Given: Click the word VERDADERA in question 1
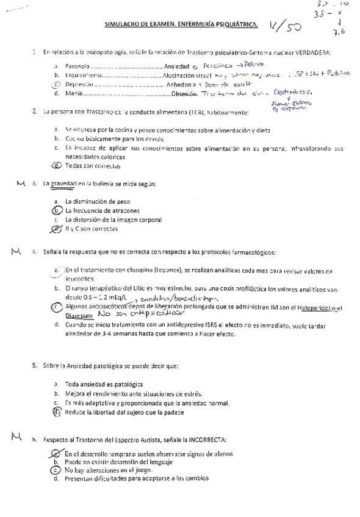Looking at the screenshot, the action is click(311, 54).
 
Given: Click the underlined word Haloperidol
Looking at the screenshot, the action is click(318, 307).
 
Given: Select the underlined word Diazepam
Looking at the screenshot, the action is click(79, 316).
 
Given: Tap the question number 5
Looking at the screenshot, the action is click(34, 366).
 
